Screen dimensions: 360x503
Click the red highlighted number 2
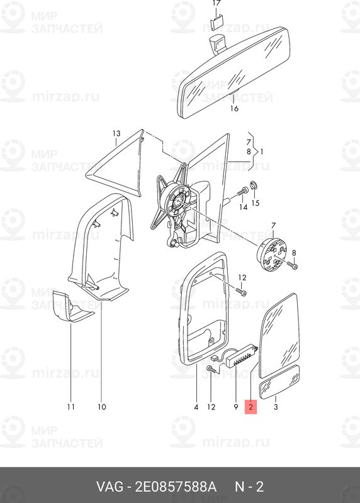click(x=251, y=407)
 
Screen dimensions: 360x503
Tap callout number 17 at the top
click(x=217, y=3)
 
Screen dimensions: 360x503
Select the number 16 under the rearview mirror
click(x=234, y=109)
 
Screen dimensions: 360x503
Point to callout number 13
click(x=116, y=133)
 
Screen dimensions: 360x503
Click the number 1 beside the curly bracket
click(x=261, y=152)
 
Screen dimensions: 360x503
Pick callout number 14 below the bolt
click(x=243, y=207)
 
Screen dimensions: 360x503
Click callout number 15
click(x=256, y=203)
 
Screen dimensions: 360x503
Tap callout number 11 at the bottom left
click(x=71, y=407)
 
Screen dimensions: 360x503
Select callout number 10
click(x=101, y=407)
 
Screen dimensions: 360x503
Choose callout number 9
click(x=236, y=407)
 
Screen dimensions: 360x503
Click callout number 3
click(x=276, y=407)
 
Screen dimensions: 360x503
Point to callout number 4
click(x=196, y=407)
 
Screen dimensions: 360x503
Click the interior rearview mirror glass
click(x=233, y=72)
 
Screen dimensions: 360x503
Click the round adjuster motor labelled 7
click(x=271, y=253)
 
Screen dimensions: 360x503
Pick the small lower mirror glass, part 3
click(x=279, y=382)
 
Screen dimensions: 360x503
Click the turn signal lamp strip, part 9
click(x=241, y=356)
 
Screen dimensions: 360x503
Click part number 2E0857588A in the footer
click(x=176, y=487)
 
